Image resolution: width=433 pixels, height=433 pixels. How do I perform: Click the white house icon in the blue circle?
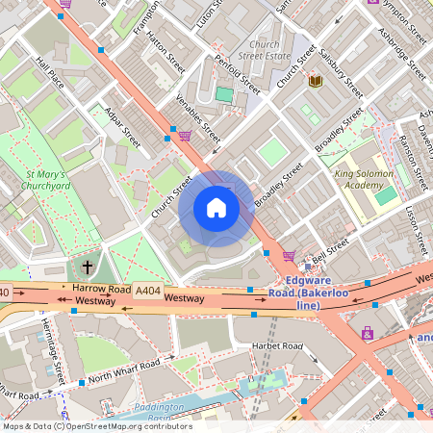pos(216,208)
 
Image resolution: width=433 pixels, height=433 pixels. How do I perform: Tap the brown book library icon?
pos(315,82)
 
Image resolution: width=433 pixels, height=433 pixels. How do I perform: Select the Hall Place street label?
pos(49,71)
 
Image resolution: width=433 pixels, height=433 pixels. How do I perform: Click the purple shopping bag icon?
pos(368,333)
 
